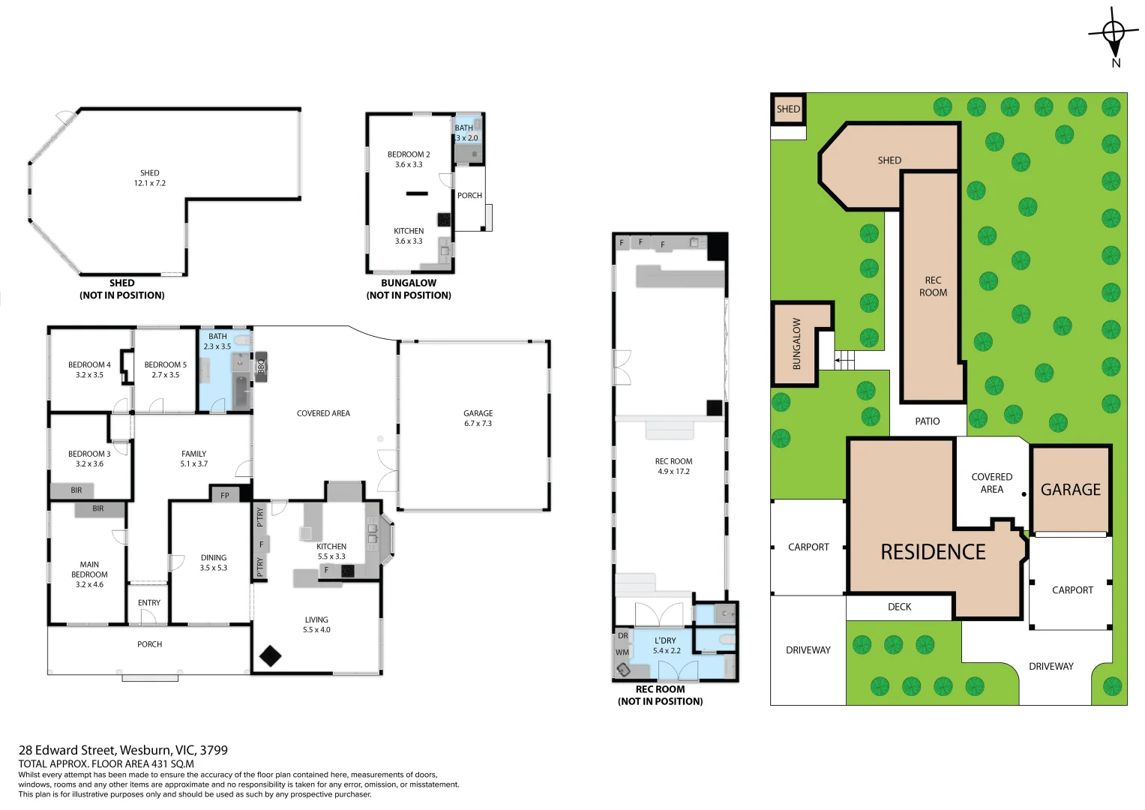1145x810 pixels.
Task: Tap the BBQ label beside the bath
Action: click(x=261, y=365)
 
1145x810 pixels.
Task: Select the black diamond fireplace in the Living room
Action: click(x=270, y=656)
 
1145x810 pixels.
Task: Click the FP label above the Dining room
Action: click(x=225, y=495)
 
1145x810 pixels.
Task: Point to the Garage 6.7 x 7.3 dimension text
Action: click(x=478, y=424)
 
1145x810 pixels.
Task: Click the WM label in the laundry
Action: click(x=622, y=652)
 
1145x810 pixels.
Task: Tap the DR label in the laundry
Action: click(x=622, y=636)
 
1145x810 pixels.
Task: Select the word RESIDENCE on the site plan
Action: click(x=933, y=552)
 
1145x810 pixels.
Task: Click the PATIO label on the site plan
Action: click(x=928, y=421)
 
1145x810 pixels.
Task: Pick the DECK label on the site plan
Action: click(x=899, y=607)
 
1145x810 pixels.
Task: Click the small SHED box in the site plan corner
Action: click(x=788, y=109)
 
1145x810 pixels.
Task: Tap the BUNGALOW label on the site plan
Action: click(x=796, y=343)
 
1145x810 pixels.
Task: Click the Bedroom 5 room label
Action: click(x=166, y=364)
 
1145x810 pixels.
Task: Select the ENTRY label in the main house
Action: click(x=148, y=603)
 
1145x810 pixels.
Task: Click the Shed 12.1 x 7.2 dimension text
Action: click(x=150, y=183)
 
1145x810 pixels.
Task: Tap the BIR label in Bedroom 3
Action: click(x=76, y=490)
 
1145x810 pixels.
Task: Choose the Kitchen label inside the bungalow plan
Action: click(x=409, y=231)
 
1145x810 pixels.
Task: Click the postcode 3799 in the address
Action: click(x=214, y=750)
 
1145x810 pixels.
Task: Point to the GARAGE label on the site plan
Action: click(x=1071, y=489)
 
